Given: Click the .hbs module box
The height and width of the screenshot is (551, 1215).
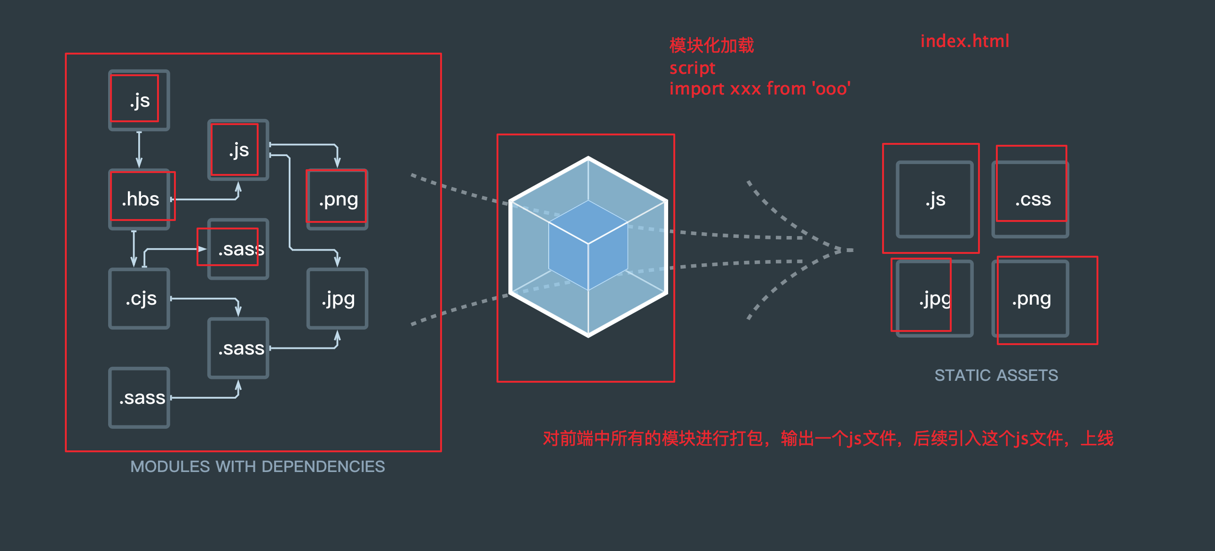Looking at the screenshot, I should click(x=140, y=199).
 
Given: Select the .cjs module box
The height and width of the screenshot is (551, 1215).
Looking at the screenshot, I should click(x=140, y=299).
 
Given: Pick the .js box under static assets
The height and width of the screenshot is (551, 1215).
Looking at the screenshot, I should click(x=935, y=199).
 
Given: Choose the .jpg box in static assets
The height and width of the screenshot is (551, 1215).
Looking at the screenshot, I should click(x=935, y=299).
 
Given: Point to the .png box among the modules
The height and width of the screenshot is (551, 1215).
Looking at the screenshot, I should click(x=338, y=199).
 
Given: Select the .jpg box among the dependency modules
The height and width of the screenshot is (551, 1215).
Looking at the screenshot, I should click(x=338, y=299).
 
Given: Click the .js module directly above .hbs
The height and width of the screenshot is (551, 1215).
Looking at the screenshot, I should click(x=140, y=101).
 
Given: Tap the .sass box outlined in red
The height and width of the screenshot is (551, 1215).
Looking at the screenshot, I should click(x=239, y=249).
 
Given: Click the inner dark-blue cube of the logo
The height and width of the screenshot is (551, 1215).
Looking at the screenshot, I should click(x=588, y=245).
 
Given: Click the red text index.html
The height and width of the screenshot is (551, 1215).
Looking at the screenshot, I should click(x=964, y=41).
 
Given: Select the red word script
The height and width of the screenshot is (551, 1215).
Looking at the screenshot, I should click(x=692, y=68).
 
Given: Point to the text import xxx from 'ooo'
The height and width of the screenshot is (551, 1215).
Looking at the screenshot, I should click(x=759, y=89).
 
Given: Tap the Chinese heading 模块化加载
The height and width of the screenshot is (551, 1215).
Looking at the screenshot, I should click(x=712, y=46).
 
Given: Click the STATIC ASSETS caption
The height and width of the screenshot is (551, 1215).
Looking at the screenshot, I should click(x=996, y=376).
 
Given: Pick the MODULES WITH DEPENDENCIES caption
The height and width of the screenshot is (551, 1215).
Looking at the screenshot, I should click(x=258, y=466).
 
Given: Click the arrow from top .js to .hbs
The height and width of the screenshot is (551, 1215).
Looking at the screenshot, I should click(x=139, y=150).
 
